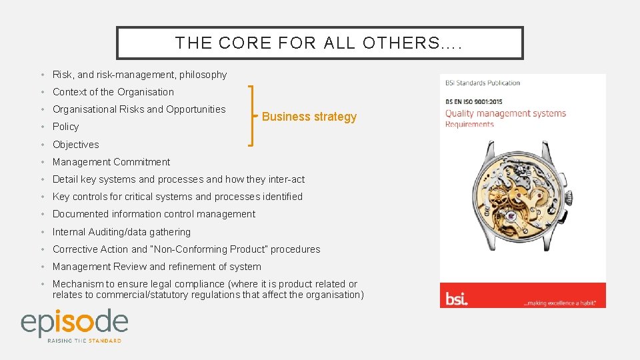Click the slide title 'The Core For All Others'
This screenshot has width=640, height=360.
[x=319, y=43]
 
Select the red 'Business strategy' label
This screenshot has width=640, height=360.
[x=309, y=117]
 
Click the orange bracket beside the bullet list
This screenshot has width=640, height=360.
[x=251, y=115]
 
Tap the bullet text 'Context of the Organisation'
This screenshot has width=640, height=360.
[x=113, y=92]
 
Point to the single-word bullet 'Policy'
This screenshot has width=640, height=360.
[x=65, y=127]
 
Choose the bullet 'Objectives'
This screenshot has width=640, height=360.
[x=75, y=145]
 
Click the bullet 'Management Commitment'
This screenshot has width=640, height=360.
[x=111, y=162]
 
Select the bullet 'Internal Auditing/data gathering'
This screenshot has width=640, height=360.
[x=121, y=232]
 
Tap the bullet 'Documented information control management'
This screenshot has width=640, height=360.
[x=153, y=214]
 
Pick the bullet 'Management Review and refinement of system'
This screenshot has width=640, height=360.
[x=157, y=267]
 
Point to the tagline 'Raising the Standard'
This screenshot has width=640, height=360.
[x=84, y=341]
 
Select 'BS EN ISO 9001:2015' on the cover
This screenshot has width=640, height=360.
[x=473, y=102]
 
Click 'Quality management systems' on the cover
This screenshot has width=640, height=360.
[x=505, y=113]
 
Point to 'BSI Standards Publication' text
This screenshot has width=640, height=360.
[x=483, y=83]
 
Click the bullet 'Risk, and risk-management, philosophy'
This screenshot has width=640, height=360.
[x=139, y=75]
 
